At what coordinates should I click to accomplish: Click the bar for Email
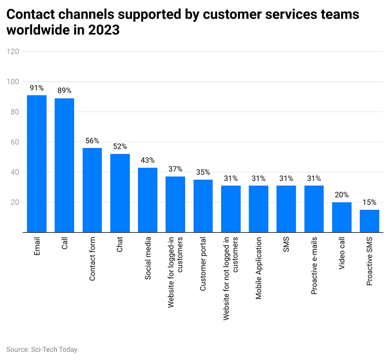click(37, 164)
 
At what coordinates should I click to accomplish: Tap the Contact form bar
click(92, 190)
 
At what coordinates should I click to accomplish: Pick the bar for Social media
click(148, 200)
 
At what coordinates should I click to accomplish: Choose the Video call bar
click(342, 217)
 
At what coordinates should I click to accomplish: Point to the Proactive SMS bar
click(369, 221)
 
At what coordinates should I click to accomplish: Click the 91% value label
click(37, 88)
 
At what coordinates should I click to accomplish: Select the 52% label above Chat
click(120, 147)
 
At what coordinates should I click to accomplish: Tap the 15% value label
click(369, 202)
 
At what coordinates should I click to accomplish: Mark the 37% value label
click(175, 169)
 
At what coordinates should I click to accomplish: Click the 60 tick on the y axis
click(15, 142)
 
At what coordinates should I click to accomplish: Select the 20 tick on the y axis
click(15, 202)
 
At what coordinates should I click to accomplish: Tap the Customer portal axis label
click(203, 264)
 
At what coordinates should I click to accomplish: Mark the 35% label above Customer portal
click(203, 172)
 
